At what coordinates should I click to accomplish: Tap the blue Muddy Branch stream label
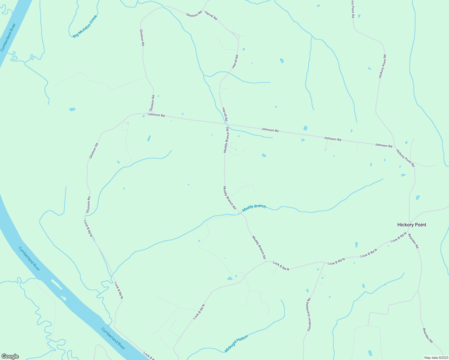tap(254, 208)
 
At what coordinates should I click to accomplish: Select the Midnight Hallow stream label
tap(236, 343)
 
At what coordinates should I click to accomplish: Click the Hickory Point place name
tap(411, 225)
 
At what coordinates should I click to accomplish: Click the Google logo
tap(10, 356)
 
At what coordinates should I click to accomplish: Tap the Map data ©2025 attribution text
tap(436, 358)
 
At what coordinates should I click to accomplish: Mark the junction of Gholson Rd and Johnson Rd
tap(154, 114)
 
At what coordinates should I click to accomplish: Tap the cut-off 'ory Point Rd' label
tap(353, 9)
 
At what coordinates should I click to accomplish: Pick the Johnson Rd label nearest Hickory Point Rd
tap(383, 145)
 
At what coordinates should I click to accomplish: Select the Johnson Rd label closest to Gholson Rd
tap(156, 115)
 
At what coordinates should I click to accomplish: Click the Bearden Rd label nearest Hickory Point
tap(413, 241)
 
